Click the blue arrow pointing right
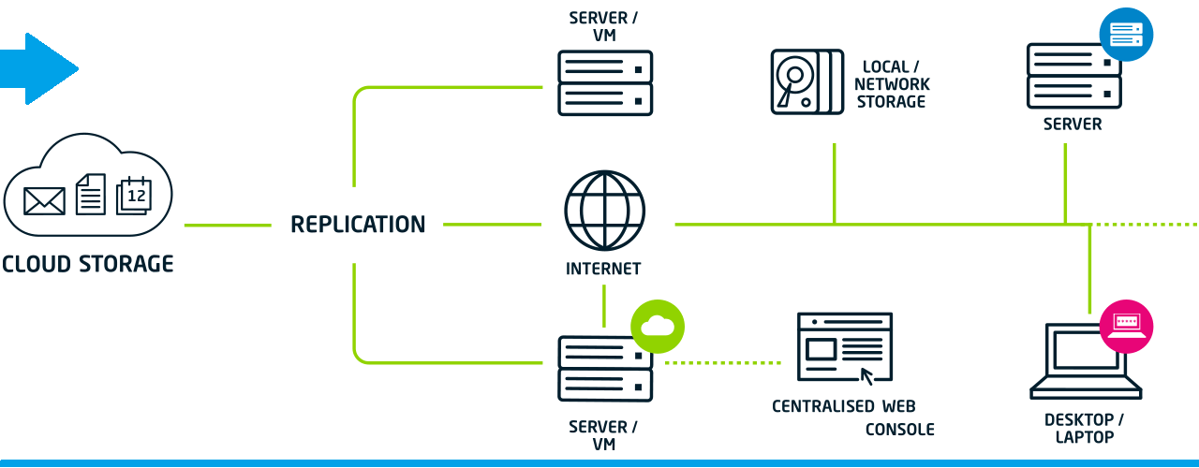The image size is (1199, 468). click(x=42, y=68)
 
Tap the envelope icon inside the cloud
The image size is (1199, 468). click(x=44, y=199)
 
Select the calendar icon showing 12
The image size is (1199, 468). click(x=133, y=195)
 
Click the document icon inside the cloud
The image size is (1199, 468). click(x=90, y=193)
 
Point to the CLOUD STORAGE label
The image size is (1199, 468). click(x=87, y=264)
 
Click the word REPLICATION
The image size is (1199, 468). click(x=358, y=225)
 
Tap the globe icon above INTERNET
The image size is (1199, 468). click(x=605, y=210)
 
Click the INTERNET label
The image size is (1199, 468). click(x=603, y=269)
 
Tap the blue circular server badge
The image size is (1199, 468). click(x=1125, y=35)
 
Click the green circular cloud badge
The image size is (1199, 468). click(x=658, y=326)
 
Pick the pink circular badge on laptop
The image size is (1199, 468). click(x=1125, y=326)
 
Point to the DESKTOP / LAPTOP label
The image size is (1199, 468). click(x=1084, y=428)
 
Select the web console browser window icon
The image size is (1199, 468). click(x=843, y=346)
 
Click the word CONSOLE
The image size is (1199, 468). click(x=899, y=430)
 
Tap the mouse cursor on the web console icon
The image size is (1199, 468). click(x=867, y=376)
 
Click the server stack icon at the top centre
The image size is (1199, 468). click(x=605, y=82)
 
